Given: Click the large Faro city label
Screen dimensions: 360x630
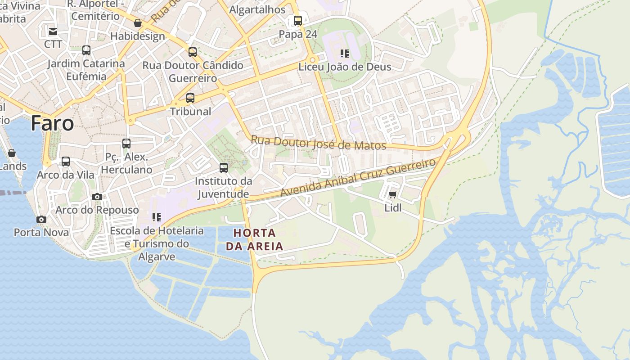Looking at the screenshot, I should pyautogui.click(x=52, y=123).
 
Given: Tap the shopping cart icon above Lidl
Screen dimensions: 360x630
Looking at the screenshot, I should pyautogui.click(x=392, y=195).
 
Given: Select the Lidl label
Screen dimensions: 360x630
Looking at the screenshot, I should pyautogui.click(x=392, y=208).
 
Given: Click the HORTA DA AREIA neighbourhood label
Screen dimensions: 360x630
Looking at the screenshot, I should pyautogui.click(x=255, y=239).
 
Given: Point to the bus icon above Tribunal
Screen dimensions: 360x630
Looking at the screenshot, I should pyautogui.click(x=190, y=98).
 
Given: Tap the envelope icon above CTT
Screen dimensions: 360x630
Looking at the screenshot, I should pyautogui.click(x=53, y=31).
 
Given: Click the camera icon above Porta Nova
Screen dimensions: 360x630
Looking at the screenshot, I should pyautogui.click(x=41, y=219).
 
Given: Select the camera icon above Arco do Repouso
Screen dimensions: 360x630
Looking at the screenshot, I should pyautogui.click(x=97, y=197).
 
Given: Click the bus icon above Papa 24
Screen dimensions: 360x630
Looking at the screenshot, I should pyautogui.click(x=298, y=20).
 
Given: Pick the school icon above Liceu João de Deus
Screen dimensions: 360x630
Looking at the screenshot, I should pyautogui.click(x=345, y=54).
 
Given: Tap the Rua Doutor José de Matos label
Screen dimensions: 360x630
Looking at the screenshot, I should pyautogui.click(x=318, y=143).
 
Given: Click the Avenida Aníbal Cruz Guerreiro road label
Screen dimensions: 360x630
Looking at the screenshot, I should pyautogui.click(x=358, y=177).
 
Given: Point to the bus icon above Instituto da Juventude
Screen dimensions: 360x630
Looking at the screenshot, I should pyautogui.click(x=224, y=168).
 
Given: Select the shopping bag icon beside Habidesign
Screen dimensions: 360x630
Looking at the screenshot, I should pyautogui.click(x=138, y=23).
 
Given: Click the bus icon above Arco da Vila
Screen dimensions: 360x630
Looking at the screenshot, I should pyautogui.click(x=66, y=161).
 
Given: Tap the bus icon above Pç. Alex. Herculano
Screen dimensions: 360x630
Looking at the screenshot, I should pyautogui.click(x=126, y=144).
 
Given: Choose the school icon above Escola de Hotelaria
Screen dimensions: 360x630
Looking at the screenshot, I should pyautogui.click(x=157, y=217).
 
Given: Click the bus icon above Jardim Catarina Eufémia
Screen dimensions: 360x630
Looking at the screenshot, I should pyautogui.click(x=86, y=50).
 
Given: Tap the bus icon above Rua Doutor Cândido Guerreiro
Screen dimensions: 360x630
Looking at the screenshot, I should pyautogui.click(x=193, y=52).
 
